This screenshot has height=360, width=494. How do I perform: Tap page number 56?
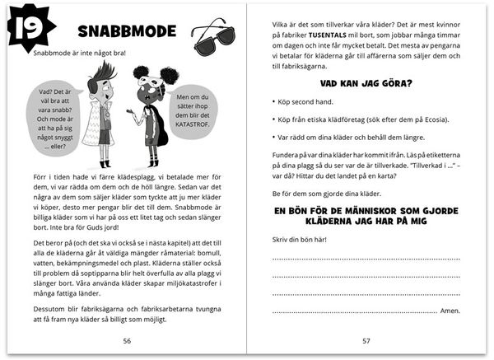(x=126, y=339)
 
